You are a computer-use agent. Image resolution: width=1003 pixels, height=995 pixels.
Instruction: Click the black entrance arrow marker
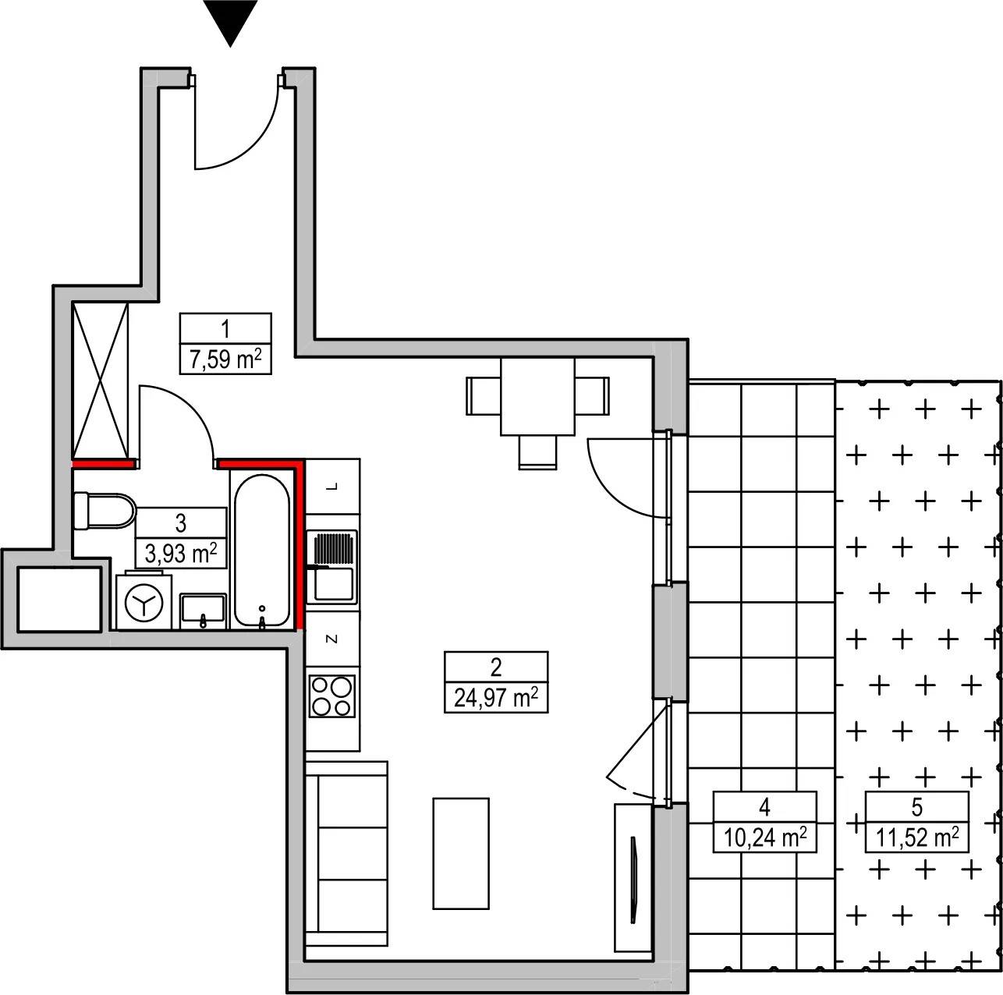(230, 21)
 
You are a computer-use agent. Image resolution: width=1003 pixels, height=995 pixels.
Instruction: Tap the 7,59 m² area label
(225, 359)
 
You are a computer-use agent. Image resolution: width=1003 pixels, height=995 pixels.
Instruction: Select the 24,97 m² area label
(495, 697)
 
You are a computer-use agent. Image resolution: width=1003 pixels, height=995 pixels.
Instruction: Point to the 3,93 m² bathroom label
(181, 553)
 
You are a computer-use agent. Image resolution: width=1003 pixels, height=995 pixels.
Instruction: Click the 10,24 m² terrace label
(764, 837)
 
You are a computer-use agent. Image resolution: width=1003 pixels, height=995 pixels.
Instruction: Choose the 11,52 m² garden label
(916, 837)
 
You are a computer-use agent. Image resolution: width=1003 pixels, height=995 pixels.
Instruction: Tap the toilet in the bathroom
(105, 511)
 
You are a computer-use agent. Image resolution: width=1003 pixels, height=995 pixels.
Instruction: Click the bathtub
(262, 551)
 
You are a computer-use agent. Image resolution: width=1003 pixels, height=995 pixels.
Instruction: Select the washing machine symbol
(144, 602)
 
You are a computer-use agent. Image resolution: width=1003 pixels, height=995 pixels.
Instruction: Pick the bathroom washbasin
(203, 611)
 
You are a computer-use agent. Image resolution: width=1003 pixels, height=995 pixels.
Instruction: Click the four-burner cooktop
(332, 696)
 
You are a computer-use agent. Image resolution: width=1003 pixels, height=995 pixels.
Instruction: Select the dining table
(537, 397)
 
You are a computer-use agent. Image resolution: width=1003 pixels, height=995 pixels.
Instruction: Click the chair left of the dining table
(484, 397)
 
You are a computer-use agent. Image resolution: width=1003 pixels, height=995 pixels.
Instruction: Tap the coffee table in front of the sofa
(461, 853)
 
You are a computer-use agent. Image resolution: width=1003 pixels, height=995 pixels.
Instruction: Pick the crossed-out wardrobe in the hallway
(100, 381)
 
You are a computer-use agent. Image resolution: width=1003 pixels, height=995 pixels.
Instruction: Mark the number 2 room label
(496, 667)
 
